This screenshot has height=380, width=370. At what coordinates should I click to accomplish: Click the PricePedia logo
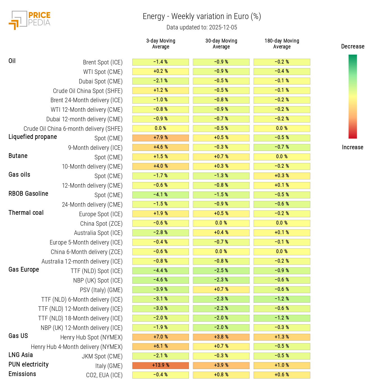click(30, 20)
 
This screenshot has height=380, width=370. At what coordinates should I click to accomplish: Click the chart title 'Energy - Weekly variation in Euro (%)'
click(202, 17)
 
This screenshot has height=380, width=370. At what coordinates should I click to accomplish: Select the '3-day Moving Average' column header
click(161, 44)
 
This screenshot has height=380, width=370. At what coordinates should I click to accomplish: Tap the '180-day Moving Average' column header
click(282, 44)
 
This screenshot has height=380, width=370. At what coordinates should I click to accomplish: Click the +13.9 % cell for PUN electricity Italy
click(161, 365)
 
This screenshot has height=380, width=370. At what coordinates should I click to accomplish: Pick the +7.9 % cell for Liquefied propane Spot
click(161, 138)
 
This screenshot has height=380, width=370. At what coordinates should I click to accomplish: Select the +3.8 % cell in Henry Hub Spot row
click(221, 337)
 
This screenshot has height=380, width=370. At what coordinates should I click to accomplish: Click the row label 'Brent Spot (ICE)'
click(103, 62)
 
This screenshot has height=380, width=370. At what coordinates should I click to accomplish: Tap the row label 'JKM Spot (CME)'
click(102, 356)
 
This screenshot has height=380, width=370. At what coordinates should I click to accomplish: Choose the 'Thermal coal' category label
click(26, 213)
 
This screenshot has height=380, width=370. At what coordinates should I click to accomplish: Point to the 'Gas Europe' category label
click(24, 270)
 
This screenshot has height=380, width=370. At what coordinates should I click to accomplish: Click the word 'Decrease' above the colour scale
click(353, 46)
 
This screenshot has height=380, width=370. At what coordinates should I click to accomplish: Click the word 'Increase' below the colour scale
click(353, 147)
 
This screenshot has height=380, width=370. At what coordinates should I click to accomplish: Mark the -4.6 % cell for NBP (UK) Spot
click(161, 280)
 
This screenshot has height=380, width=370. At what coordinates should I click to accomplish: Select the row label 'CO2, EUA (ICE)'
click(104, 375)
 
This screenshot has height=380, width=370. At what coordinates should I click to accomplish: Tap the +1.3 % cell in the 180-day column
click(282, 337)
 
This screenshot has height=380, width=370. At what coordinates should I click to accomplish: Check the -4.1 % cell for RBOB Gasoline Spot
click(161, 195)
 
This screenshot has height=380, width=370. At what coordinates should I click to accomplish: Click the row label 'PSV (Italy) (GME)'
click(101, 290)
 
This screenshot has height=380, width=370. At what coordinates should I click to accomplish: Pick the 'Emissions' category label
click(22, 374)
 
